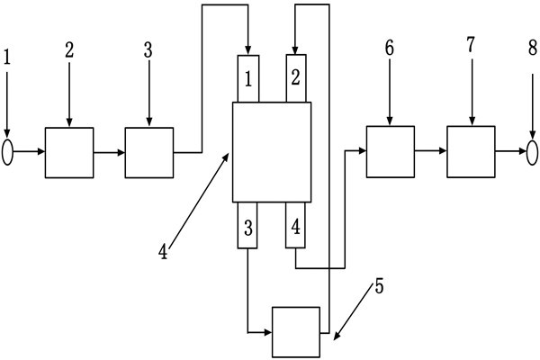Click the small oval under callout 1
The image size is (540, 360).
tap(9, 152)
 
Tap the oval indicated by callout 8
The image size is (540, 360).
tap(531, 152)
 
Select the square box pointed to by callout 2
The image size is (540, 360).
tap(69, 152)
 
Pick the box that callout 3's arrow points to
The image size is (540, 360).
tap(149, 152)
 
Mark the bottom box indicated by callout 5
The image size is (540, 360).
tap(296, 331)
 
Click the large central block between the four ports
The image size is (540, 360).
tap(272, 151)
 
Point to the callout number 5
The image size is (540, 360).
tap(379, 289)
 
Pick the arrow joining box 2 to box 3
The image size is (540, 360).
tap(109, 152)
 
